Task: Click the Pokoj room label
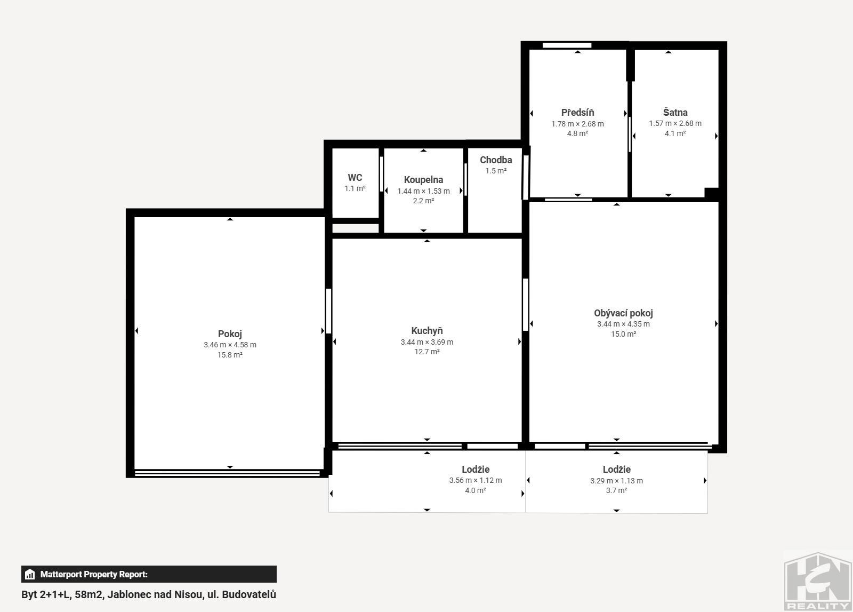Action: point(230,334)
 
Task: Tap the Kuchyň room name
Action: point(427,331)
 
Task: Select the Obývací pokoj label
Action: point(623,313)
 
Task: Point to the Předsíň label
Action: point(577,113)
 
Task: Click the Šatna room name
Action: point(675,113)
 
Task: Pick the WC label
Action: point(355,178)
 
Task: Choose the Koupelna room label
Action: point(423,180)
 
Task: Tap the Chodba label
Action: point(496,160)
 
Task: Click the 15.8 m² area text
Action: point(230,355)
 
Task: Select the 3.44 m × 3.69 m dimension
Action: point(427,342)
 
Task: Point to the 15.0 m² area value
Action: point(623,334)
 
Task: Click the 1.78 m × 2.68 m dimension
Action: point(577,124)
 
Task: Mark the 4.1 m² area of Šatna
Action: point(675,133)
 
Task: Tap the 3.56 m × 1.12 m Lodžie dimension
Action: point(476,481)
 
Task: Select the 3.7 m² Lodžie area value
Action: point(616,490)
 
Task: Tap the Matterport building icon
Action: point(30,574)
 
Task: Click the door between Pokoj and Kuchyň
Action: point(328,311)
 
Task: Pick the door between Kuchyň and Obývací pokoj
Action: point(526,305)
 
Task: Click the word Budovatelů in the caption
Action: point(249,595)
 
